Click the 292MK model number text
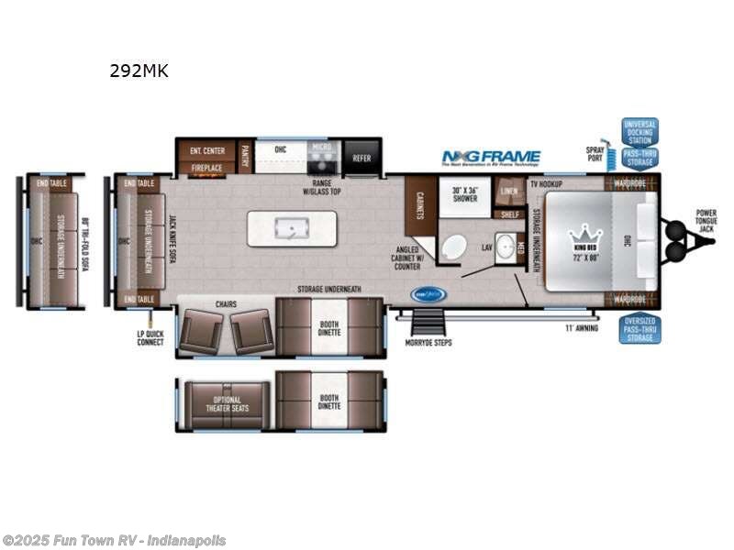pos(139,71)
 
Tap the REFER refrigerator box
pos(361,158)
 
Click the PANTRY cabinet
pos(245,156)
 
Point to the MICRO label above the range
pos(320,147)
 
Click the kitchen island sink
pos(292,228)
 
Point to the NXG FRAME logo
pos(491,157)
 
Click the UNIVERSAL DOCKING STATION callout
pos(639,131)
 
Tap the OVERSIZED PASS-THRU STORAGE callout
pos(639,329)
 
